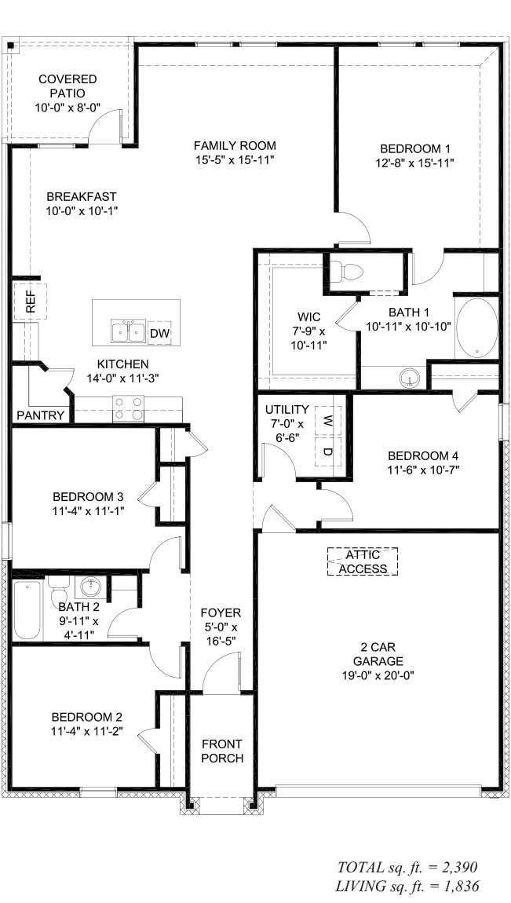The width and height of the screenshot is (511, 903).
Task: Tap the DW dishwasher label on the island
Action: (159, 333)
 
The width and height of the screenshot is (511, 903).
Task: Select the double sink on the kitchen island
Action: (128, 331)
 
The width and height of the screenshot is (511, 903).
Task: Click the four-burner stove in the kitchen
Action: (128, 408)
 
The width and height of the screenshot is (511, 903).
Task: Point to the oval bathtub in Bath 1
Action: (477, 328)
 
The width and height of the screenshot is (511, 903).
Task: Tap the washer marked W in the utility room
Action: (327, 419)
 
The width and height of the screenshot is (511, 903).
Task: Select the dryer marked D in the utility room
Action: (327, 451)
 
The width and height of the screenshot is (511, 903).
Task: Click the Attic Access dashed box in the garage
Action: (363, 561)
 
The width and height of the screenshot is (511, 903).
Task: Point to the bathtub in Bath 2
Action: (27, 610)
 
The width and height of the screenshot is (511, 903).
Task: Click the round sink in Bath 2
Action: (90, 587)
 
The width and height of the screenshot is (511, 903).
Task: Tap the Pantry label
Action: (40, 415)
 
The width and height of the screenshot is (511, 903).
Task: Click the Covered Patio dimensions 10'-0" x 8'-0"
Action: (68, 107)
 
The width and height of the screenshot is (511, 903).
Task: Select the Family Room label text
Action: (235, 146)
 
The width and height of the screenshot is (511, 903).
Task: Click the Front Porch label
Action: (222, 751)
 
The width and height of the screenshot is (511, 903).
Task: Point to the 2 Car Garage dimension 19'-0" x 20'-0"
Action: (378, 675)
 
